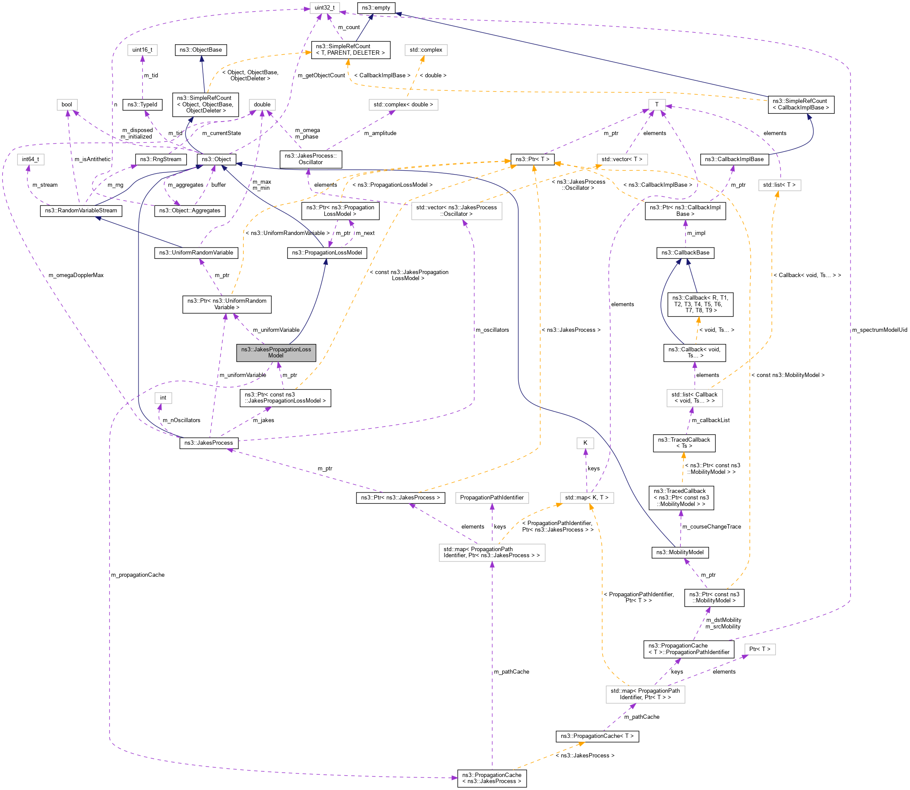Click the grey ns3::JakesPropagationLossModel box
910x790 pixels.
click(x=276, y=352)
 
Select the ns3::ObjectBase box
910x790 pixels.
click(x=201, y=50)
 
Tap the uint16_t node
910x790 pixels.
click(x=142, y=50)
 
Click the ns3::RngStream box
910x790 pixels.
click(x=160, y=159)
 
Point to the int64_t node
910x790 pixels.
click(x=30, y=159)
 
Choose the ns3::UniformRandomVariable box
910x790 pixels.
click(x=196, y=253)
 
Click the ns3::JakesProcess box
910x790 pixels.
click(x=208, y=443)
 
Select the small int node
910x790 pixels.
click(x=163, y=398)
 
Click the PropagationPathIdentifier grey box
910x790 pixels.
click(x=492, y=497)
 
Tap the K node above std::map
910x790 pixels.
click(x=585, y=443)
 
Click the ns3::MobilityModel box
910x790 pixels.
click(x=680, y=552)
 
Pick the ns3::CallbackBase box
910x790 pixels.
click(x=685, y=253)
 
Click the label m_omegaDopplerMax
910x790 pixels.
click(x=76, y=275)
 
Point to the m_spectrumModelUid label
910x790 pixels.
click(x=879, y=330)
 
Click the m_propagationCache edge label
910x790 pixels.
click(x=138, y=575)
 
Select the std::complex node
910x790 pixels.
click(x=426, y=50)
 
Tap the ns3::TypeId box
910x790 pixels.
click(x=142, y=105)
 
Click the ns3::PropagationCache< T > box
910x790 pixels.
click(x=597, y=736)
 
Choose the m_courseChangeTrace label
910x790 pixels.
click(x=711, y=526)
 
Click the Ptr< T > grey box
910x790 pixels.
click(x=760, y=649)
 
